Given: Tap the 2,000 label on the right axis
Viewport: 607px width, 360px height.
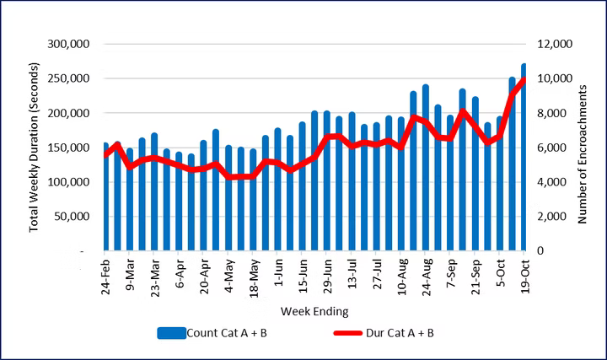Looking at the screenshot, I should click(x=550, y=217).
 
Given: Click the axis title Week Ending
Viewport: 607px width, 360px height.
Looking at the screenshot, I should click(x=314, y=311).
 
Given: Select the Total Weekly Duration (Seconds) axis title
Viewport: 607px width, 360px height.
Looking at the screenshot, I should click(x=35, y=147).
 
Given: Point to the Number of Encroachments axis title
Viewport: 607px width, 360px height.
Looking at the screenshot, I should click(x=582, y=147).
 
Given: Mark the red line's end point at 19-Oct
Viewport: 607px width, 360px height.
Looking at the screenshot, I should click(x=524, y=79).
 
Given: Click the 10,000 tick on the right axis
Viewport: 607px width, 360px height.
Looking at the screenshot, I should click(x=553, y=78).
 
